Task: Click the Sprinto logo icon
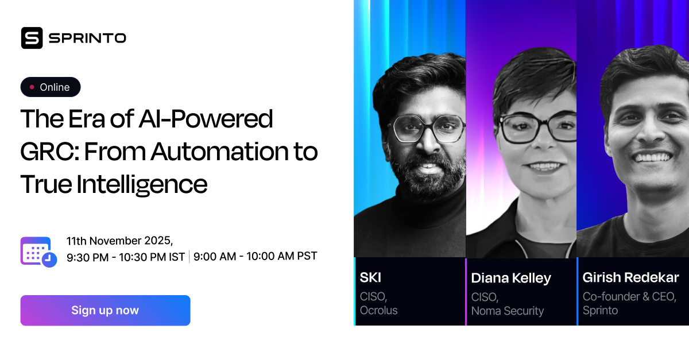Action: click(32, 38)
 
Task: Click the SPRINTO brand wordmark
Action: click(87, 38)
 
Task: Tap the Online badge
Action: click(51, 87)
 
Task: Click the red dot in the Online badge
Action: click(32, 87)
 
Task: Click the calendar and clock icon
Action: click(38, 251)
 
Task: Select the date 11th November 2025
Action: click(119, 241)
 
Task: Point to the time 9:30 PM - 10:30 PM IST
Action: click(126, 257)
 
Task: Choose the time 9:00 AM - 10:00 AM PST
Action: click(255, 256)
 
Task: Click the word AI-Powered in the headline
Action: click(206, 119)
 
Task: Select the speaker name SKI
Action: click(370, 278)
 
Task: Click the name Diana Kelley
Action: click(511, 278)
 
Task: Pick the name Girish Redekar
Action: click(630, 278)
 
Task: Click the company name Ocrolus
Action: click(378, 311)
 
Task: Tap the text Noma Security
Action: click(507, 311)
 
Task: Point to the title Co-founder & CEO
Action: click(629, 296)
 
